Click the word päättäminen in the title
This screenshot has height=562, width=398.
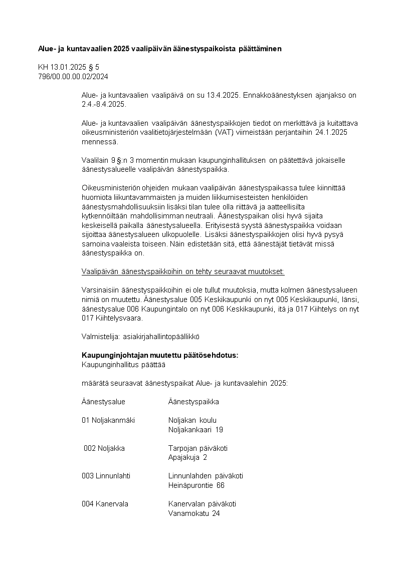tap(257, 49)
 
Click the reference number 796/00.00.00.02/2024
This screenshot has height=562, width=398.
tap(73, 77)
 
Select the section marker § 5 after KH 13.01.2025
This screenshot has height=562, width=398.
tap(101, 67)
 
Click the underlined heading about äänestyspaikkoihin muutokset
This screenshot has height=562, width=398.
tap(183, 271)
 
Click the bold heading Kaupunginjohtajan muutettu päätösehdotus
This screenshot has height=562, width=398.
tap(160, 355)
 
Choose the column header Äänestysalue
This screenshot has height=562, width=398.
tap(103, 402)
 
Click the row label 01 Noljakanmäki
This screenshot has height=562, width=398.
tap(108, 420)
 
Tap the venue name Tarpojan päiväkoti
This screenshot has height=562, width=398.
tap(198, 448)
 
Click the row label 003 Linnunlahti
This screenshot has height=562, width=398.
tap(106, 476)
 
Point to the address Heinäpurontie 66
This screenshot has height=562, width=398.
tap(196, 485)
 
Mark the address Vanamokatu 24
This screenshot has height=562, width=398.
tap(194, 513)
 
